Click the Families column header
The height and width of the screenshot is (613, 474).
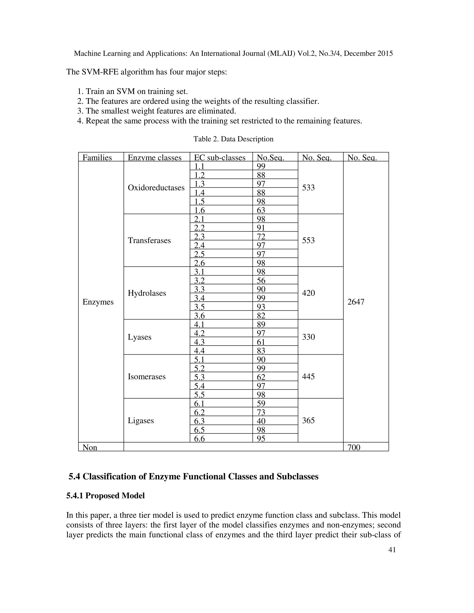pos(97,158)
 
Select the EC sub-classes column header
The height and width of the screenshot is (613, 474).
pos(220,158)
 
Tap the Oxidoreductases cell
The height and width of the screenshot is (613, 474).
pos(156,188)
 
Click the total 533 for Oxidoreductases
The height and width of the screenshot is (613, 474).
pos(308,188)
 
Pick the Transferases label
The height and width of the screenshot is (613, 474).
pos(149,240)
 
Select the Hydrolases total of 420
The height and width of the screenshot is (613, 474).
pos(308,293)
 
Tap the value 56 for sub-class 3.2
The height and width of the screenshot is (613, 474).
pos(261,280)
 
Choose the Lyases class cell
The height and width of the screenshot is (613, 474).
pos(140,337)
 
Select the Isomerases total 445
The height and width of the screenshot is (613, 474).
pos(308,376)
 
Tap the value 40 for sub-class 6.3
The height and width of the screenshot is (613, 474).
pos(261,421)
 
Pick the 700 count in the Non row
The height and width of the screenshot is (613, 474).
pos(354,447)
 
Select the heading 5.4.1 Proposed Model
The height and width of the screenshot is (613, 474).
pos(105,496)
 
